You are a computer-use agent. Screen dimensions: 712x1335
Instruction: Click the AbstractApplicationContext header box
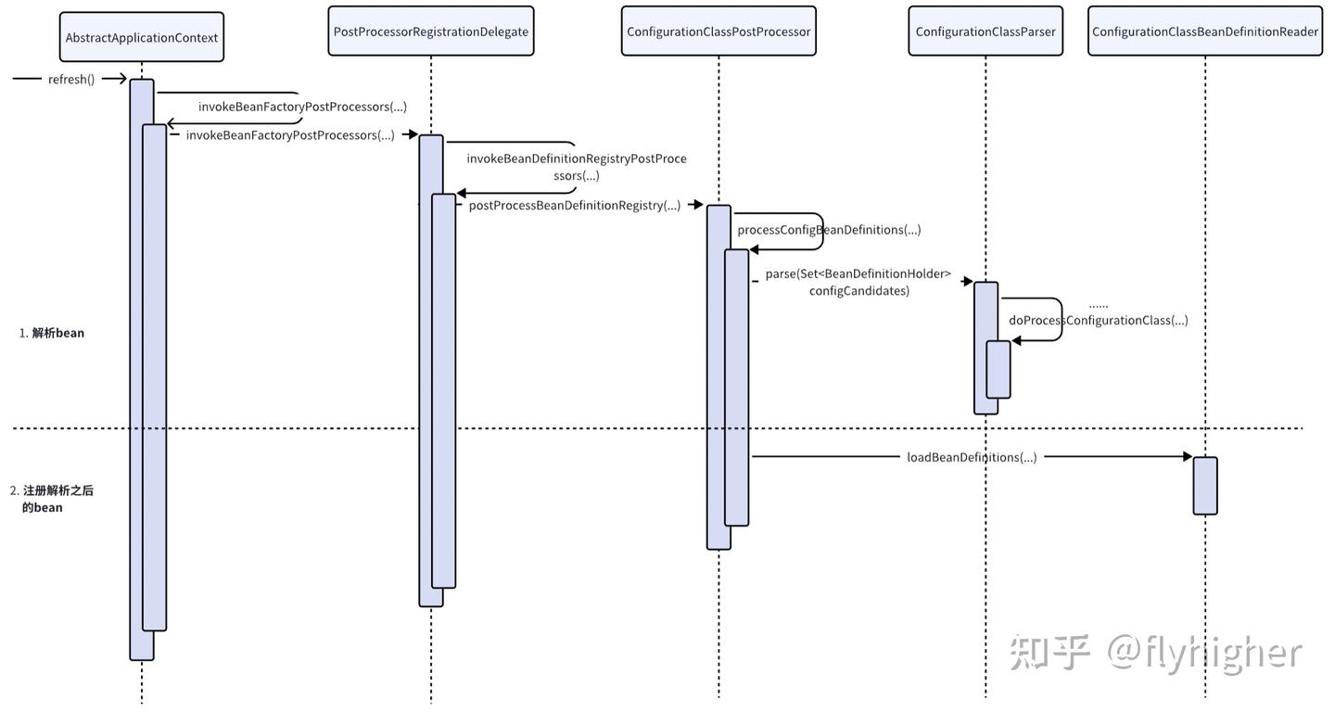tap(142, 37)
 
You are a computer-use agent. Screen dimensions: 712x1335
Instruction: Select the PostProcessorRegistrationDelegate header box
tap(431, 32)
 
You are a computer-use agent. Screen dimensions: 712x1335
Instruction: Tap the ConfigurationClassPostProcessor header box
tap(718, 32)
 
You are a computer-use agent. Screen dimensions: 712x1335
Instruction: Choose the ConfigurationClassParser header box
tap(985, 32)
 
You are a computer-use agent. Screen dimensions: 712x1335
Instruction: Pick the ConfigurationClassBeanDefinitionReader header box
tap(1205, 32)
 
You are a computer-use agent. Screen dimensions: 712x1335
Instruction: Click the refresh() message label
tap(71, 80)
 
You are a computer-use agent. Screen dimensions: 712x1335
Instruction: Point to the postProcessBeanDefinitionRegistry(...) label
tap(575, 205)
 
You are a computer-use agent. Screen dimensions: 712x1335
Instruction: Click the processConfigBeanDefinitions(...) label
tap(829, 229)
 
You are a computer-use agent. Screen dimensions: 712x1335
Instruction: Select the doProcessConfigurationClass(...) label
tap(1098, 320)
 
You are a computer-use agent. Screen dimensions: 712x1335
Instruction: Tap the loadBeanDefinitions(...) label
tap(972, 456)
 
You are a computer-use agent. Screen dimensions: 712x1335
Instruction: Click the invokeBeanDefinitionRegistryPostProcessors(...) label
tap(577, 167)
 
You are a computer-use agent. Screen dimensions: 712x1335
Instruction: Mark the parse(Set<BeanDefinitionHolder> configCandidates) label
tap(858, 282)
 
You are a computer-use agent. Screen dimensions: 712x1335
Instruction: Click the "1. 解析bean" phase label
tap(52, 333)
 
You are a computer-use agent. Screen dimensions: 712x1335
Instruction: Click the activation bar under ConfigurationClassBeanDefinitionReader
tap(1205, 485)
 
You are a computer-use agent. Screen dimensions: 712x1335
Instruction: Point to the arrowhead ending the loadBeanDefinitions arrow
tap(1188, 456)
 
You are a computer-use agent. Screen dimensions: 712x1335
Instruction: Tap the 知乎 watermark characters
tap(1049, 653)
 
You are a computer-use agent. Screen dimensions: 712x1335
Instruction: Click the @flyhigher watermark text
tap(1204, 653)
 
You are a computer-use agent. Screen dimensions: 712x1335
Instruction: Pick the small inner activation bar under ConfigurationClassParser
tap(998, 369)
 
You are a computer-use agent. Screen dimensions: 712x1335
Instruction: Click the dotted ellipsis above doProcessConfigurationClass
tap(1099, 305)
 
